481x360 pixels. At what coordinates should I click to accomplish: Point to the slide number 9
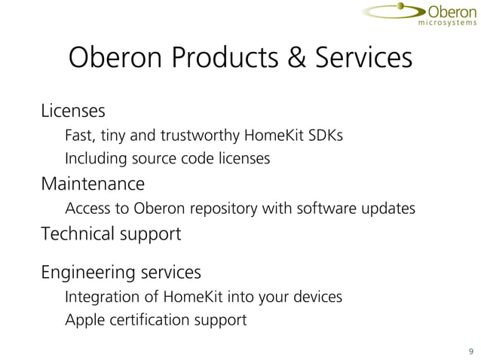(x=471, y=350)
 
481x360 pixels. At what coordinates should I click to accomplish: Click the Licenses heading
(x=72, y=111)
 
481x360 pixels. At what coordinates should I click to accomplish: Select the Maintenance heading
(x=92, y=183)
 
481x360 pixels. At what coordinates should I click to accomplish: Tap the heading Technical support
(x=111, y=233)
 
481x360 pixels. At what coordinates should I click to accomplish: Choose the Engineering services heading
(x=121, y=271)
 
